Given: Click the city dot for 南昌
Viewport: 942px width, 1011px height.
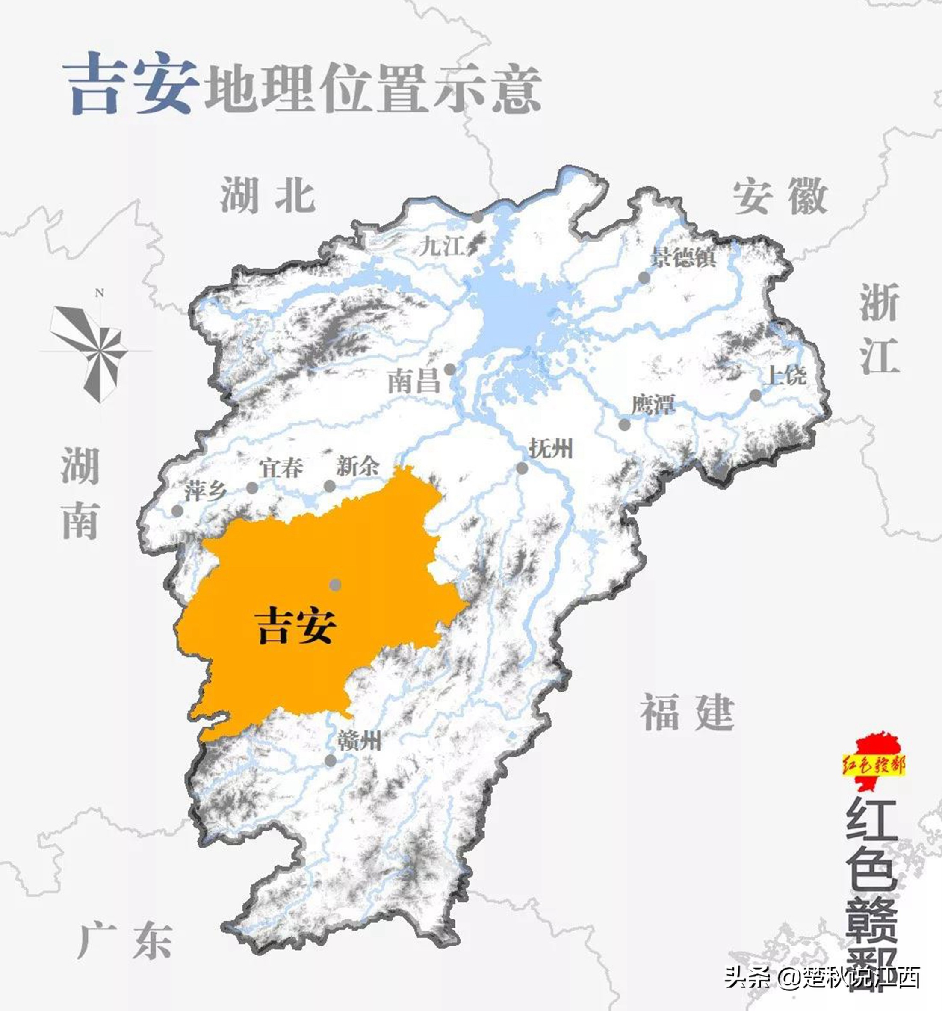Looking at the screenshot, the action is [x=450, y=369].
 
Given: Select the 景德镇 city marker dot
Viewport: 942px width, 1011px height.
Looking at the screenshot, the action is [x=644, y=278].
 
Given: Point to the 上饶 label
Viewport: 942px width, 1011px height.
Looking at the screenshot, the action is [x=786, y=376].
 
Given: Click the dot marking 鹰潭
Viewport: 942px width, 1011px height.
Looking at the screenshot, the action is [x=624, y=425].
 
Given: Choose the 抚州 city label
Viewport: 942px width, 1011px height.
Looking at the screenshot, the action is [x=551, y=449].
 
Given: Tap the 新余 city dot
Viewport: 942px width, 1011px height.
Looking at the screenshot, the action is [x=329, y=486].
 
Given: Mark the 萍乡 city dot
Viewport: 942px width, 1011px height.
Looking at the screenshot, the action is [x=177, y=511].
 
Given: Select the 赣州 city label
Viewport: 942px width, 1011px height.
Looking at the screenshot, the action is [x=359, y=740].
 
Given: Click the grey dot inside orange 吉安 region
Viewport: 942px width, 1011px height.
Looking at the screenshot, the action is [x=335, y=585].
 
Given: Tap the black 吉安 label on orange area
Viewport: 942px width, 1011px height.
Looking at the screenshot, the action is [x=295, y=626].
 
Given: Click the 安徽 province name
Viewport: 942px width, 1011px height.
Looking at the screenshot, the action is [x=780, y=196].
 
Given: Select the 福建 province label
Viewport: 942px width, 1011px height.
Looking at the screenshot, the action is [x=687, y=712].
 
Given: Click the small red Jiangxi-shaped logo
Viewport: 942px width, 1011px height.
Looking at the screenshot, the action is [x=874, y=763].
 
